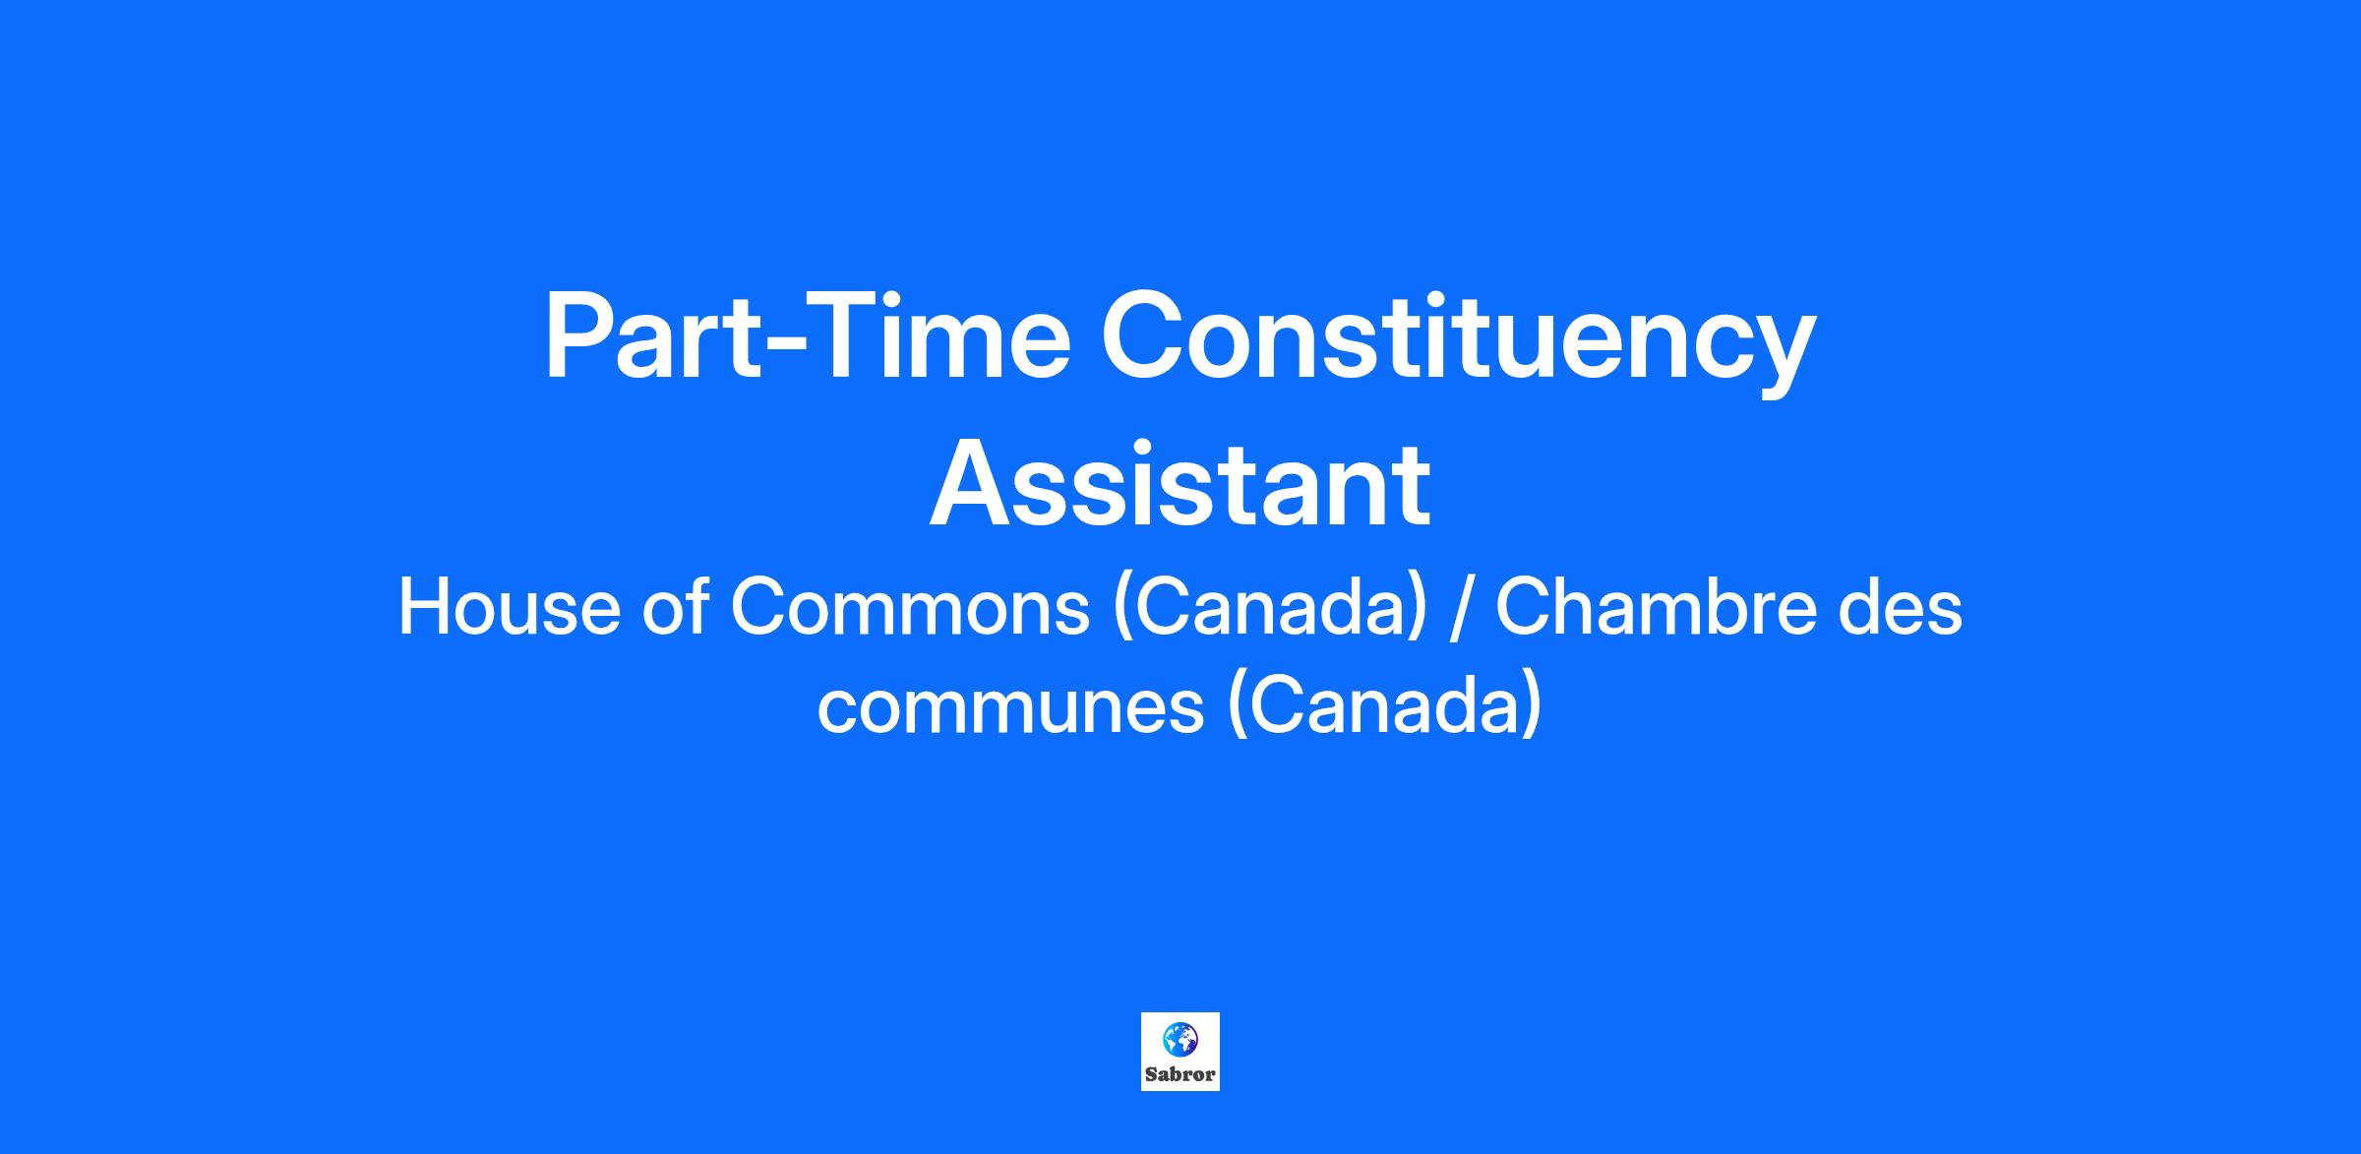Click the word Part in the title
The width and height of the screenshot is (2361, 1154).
pyautogui.click(x=650, y=334)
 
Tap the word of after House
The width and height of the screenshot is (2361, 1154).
pyautogui.click(x=677, y=606)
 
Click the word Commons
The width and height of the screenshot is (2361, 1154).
pyautogui.click(x=911, y=607)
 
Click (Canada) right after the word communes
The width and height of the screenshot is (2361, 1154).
pyautogui.click(x=1384, y=707)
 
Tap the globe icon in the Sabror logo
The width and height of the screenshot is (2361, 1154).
pyautogui.click(x=1180, y=1039)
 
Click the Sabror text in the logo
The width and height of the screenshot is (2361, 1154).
pyautogui.click(x=1180, y=1074)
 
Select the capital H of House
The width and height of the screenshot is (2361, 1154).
pyautogui.click(x=424, y=607)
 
